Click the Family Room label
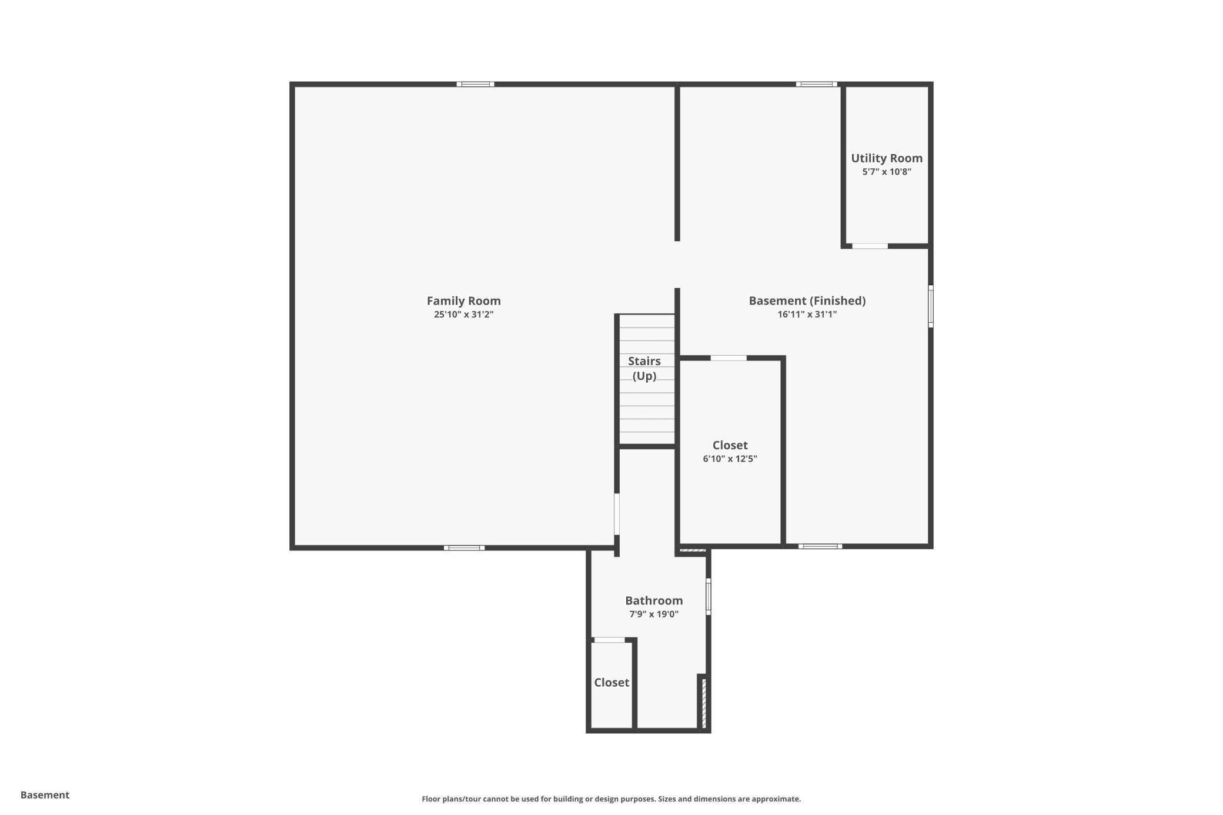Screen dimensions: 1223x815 tap(463, 301)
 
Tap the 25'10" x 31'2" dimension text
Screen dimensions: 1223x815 tap(463, 315)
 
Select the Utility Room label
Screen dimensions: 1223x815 tap(887, 158)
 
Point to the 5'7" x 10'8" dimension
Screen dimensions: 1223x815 tap(887, 172)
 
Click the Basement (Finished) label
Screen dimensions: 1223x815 tap(807, 301)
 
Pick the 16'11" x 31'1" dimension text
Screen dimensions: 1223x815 tap(807, 315)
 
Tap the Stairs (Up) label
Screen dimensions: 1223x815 tap(644, 369)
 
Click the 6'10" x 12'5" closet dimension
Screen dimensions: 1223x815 tap(730, 459)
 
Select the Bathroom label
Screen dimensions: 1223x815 tap(654, 600)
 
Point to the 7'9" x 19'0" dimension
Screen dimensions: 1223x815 tap(654, 614)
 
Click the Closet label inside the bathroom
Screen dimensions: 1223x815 tap(611, 683)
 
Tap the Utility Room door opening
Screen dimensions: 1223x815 tap(870, 246)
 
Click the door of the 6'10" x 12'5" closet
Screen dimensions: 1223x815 tap(729, 358)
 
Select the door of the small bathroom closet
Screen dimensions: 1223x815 tap(609, 640)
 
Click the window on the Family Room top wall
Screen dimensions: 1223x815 tap(475, 84)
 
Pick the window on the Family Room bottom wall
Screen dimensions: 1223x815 tap(464, 548)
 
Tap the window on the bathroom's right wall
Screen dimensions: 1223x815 tap(709, 596)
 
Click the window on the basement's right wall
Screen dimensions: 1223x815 tap(931, 306)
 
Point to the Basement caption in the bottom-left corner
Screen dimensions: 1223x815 tap(45, 795)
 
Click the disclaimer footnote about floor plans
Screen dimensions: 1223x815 tap(611, 799)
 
